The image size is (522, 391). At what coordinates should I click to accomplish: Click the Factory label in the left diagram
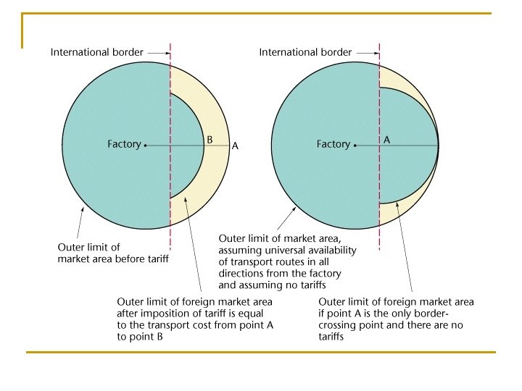pos(124,144)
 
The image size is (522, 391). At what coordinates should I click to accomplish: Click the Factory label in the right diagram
pos(333,144)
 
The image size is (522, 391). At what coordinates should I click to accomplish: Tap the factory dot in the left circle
pos(146,145)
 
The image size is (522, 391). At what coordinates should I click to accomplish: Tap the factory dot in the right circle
pos(355,145)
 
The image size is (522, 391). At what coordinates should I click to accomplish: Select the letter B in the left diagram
pos(210,139)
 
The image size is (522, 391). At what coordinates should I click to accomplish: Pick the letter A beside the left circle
pos(234,146)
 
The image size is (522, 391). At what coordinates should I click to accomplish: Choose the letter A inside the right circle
pos(386,140)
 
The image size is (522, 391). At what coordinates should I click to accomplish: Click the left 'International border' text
pos(96,52)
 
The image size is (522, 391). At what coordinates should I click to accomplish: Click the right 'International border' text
pos(305,52)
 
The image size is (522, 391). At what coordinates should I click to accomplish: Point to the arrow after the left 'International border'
pos(157,52)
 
